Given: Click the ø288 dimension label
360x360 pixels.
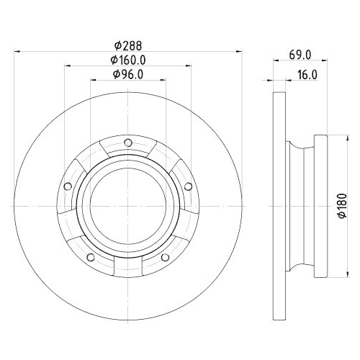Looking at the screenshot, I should click(127, 44).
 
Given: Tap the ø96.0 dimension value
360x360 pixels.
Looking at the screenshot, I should click(128, 73).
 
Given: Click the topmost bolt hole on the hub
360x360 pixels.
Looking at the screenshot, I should click(127, 141).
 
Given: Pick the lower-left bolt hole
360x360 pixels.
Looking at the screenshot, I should click(90, 258).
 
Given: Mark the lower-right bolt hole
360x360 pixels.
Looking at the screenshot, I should click(165, 258).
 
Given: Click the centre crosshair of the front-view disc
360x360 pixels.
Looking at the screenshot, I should click(127, 205).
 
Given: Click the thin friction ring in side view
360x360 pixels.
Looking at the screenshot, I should click(277, 205).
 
